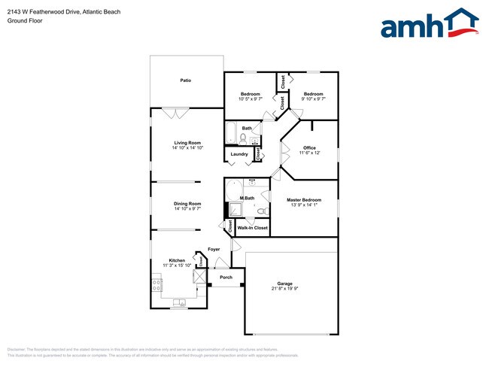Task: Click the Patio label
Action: pos(185,80)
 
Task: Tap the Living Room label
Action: pos(187,142)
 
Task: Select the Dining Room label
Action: pos(187,204)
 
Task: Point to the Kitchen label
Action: pos(177,260)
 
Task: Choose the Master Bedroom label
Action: pos(304,199)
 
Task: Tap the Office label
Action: pos(309,147)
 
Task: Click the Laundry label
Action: pos(239,154)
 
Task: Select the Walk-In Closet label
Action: pos(252,227)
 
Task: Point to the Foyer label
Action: pos(214,249)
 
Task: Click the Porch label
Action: pos(226,277)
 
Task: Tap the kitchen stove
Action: pos(156,285)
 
